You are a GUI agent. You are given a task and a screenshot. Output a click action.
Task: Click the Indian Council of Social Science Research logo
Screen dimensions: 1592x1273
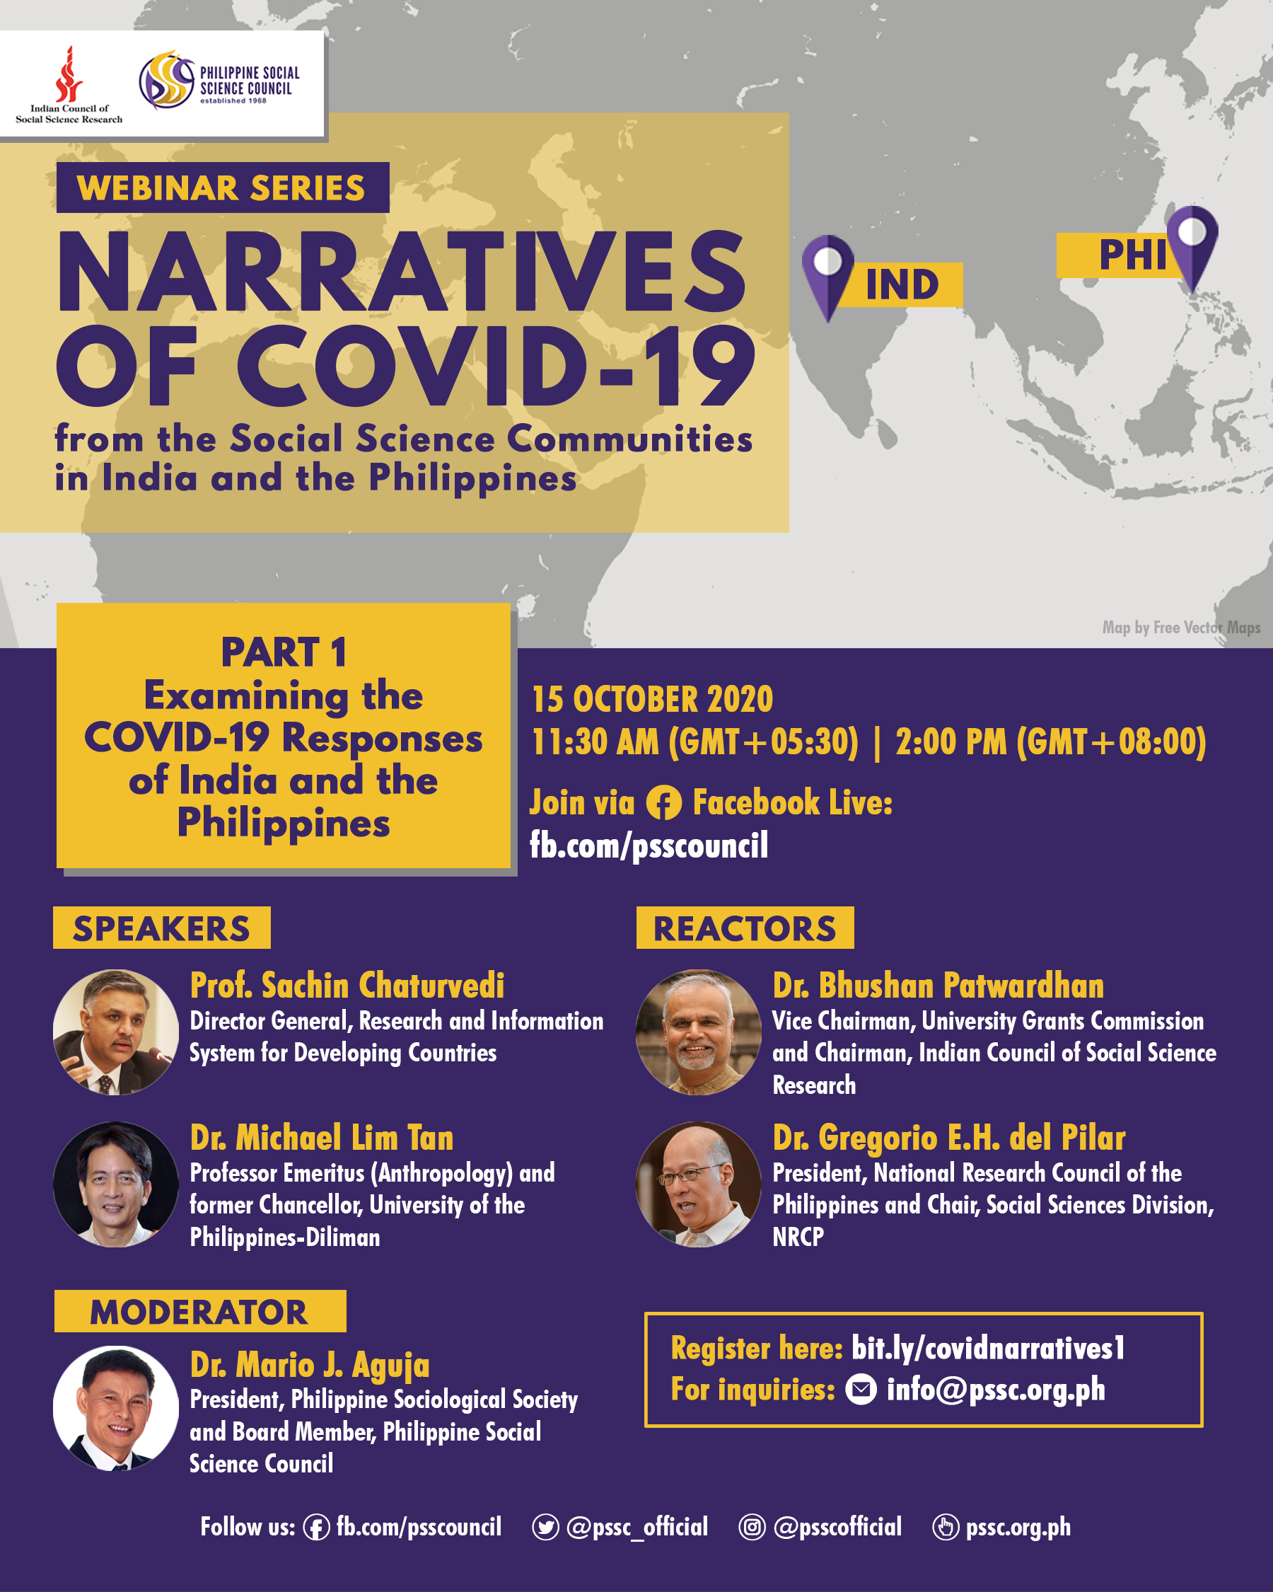click(x=69, y=84)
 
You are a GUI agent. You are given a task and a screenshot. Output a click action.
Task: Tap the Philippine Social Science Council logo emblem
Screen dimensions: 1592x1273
click(x=167, y=81)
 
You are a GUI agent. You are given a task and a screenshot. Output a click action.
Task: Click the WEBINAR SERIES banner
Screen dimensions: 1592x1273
click(x=222, y=188)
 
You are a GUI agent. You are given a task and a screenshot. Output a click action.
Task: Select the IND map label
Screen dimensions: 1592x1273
click(x=902, y=284)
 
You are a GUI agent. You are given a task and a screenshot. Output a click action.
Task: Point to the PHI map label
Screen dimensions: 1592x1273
click(x=1133, y=255)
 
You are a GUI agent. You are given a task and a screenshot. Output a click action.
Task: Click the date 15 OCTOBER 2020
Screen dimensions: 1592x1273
click(x=652, y=699)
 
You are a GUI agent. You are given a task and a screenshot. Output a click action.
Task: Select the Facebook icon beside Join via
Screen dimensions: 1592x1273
click(x=663, y=803)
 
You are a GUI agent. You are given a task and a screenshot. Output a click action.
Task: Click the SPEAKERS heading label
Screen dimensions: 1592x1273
click(x=162, y=928)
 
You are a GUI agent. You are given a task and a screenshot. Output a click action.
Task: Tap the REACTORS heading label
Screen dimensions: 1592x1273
click(x=745, y=928)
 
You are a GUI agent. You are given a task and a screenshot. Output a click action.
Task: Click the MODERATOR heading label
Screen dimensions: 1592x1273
click(x=199, y=1312)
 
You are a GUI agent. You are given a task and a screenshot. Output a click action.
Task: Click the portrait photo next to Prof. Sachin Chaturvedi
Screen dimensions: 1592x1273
click(x=116, y=1032)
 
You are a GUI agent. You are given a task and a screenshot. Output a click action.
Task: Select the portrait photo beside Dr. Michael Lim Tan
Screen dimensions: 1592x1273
click(x=116, y=1184)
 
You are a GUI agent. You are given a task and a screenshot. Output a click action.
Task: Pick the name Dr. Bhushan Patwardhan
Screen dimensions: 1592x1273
click(x=938, y=986)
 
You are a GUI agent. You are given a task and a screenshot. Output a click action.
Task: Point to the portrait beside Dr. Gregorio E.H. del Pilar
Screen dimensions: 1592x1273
click(x=698, y=1184)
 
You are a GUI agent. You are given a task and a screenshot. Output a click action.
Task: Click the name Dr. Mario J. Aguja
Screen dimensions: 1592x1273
click(x=310, y=1365)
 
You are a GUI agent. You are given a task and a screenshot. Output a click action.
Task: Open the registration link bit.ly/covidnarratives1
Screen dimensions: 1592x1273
click(x=988, y=1349)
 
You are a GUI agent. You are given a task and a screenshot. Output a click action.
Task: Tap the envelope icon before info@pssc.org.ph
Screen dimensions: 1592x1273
click(x=861, y=1390)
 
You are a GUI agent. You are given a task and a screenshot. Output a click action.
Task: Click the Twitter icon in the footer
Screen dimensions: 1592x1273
click(x=545, y=1527)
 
